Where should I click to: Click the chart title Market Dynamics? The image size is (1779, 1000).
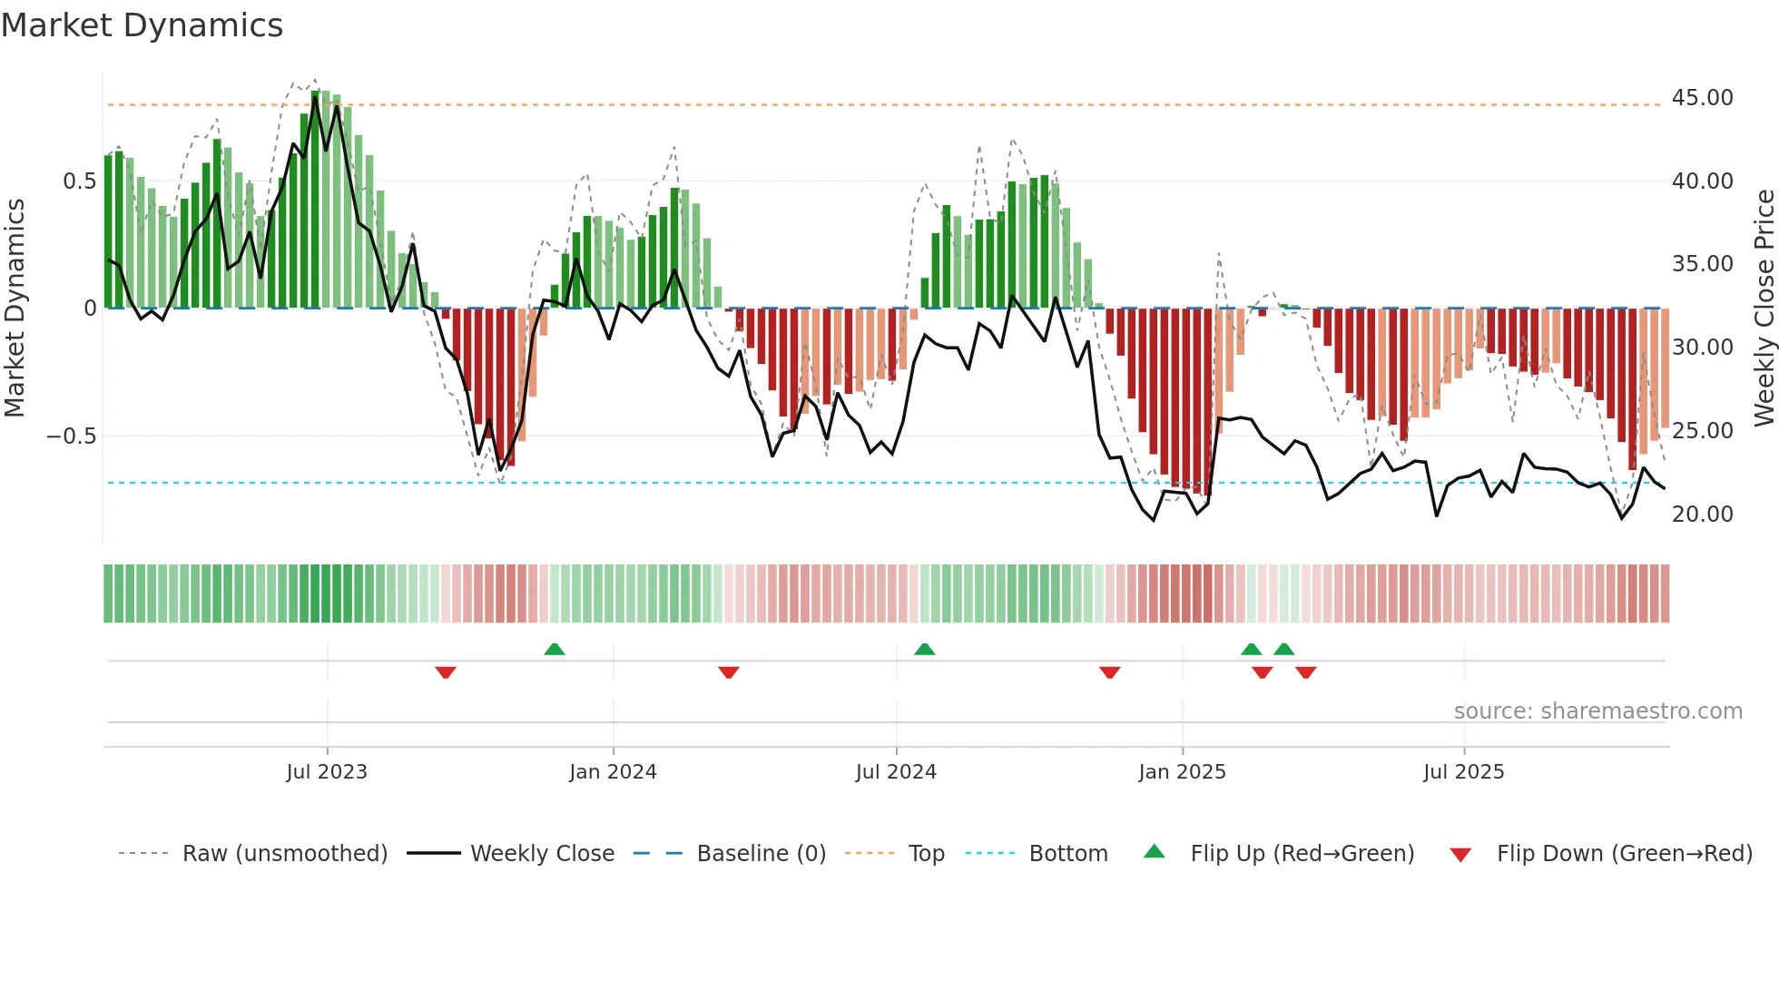142,25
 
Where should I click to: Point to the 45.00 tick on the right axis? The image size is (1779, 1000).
1702,98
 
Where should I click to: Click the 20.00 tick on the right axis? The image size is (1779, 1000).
1702,515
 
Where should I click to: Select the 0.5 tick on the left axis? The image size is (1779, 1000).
79,181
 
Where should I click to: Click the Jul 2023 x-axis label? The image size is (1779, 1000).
327,772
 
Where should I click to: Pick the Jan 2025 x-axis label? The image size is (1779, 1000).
1182,772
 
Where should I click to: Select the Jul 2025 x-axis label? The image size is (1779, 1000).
1463,772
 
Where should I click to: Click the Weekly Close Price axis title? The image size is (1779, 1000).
1764,309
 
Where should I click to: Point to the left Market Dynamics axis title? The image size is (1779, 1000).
15,309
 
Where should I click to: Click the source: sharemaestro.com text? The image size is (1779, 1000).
1597,711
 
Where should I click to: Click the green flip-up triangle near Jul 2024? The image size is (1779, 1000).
924,650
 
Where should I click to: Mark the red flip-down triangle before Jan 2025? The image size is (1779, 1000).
1109,672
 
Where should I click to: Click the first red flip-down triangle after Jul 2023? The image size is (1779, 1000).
445,672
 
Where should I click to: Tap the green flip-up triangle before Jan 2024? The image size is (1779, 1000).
555,650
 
